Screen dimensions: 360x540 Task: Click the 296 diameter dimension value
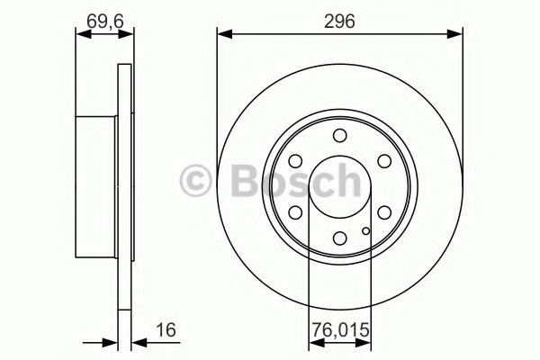[339, 20]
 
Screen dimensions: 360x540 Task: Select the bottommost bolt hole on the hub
[339, 238]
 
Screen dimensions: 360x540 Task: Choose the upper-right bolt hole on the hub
[384, 161]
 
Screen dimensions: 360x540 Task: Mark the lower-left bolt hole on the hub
[295, 212]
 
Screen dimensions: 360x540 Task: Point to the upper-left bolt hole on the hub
[295, 161]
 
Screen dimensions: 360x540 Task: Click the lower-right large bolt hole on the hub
[384, 212]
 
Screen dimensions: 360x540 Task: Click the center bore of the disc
[339, 187]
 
